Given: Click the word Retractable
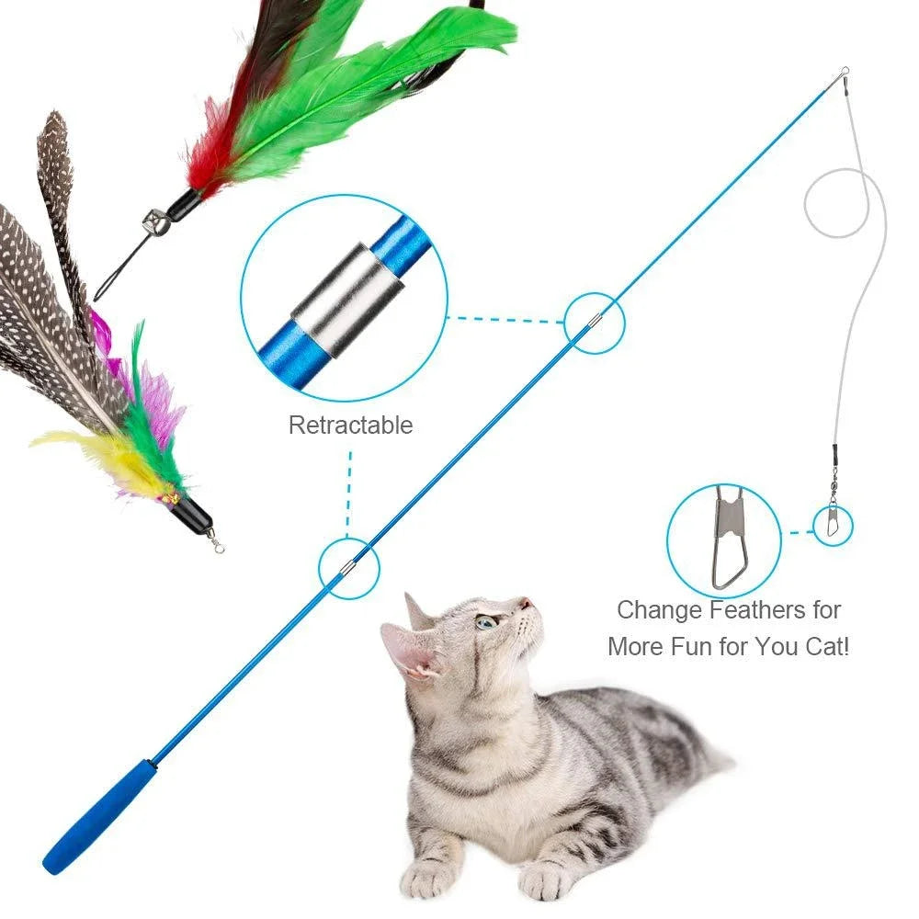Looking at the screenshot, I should [350, 425].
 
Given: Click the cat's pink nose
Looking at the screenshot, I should [525, 605].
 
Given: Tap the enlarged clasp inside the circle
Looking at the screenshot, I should [729, 537].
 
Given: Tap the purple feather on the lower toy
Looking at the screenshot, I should [147, 404].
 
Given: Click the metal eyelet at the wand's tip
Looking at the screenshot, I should [843, 72].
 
